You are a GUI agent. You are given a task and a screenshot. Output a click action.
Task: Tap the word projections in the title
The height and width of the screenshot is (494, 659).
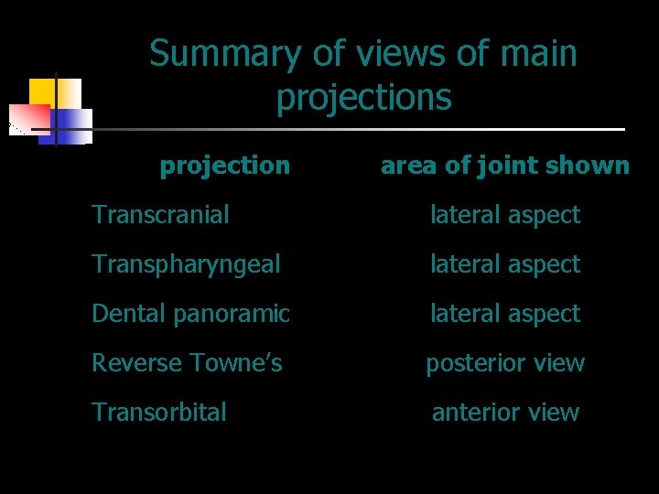(363, 96)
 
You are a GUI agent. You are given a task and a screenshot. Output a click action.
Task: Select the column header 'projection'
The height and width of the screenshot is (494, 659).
(224, 166)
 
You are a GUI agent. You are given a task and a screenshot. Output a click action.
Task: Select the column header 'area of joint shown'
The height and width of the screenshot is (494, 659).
(504, 166)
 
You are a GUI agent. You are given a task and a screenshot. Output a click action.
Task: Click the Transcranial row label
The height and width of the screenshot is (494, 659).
(160, 215)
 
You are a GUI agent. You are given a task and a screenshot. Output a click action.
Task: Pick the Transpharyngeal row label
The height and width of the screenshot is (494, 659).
(186, 264)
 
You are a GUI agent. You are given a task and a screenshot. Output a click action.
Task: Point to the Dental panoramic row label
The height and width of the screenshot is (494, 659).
(190, 314)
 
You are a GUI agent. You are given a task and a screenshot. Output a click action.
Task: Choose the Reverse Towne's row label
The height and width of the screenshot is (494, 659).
(187, 363)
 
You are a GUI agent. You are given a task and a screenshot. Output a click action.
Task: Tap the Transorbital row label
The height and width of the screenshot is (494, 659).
(159, 413)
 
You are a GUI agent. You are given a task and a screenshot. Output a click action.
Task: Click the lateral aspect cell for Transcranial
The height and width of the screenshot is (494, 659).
(505, 215)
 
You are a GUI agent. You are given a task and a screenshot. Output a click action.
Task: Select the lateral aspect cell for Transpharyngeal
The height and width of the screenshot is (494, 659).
(505, 264)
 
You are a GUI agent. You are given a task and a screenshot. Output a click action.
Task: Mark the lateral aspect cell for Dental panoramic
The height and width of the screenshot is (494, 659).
(505, 314)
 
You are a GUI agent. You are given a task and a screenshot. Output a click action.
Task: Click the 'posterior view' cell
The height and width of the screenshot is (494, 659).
(505, 363)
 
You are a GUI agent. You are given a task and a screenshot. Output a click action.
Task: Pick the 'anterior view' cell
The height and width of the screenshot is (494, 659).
(505, 413)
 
